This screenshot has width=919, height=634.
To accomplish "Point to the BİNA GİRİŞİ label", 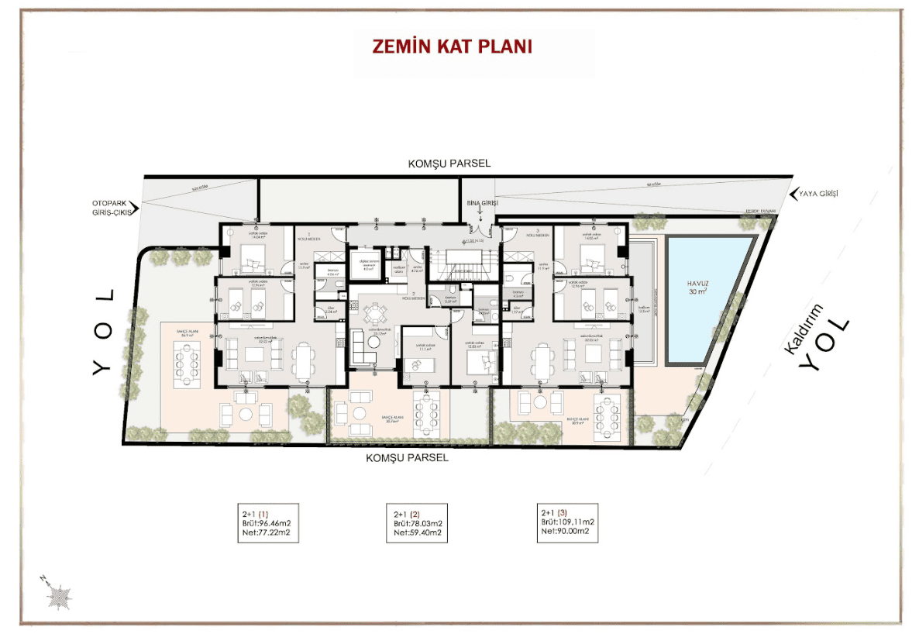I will click(x=480, y=202).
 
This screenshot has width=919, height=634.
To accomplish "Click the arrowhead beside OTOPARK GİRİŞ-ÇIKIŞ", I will click(x=135, y=208).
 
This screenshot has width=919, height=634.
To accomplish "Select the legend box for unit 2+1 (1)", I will click(x=267, y=523).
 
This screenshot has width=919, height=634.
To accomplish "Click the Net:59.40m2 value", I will click(x=418, y=532).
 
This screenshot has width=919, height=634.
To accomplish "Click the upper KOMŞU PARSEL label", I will click(x=449, y=164).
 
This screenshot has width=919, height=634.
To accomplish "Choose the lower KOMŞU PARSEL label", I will click(x=408, y=458).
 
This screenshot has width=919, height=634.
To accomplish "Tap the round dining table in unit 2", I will click(x=376, y=313).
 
